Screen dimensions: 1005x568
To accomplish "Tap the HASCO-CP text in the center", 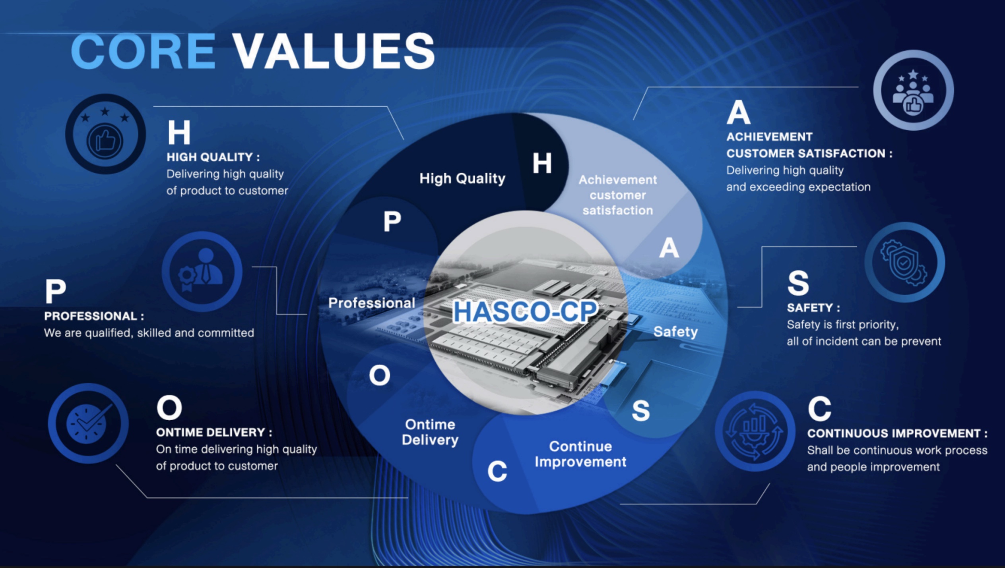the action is [x=525, y=311].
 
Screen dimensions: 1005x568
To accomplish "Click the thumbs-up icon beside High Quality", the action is [x=105, y=134].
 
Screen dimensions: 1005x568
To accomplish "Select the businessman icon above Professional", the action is [x=202, y=271].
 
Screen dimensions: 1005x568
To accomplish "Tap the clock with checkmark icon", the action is [x=88, y=423].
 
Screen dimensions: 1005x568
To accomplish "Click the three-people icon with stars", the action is [x=913, y=90].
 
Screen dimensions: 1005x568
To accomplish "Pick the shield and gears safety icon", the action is [x=904, y=262].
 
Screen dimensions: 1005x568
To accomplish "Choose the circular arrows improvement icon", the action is [x=755, y=431].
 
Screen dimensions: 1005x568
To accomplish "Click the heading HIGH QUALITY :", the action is [x=213, y=157].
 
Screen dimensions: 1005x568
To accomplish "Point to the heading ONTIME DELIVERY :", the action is [x=214, y=432].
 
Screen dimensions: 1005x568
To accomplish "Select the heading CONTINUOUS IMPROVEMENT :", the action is [x=897, y=433].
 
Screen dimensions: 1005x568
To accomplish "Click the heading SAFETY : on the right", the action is [x=813, y=308].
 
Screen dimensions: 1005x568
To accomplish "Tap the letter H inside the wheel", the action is [x=542, y=163].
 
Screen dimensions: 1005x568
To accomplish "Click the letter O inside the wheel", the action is [x=380, y=375].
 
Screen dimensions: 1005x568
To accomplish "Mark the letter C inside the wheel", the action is [x=497, y=471].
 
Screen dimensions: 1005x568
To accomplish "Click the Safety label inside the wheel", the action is [x=675, y=332].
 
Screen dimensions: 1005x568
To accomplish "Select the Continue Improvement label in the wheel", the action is [x=580, y=454].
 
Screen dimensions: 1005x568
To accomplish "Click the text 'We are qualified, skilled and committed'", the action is [x=149, y=333].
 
